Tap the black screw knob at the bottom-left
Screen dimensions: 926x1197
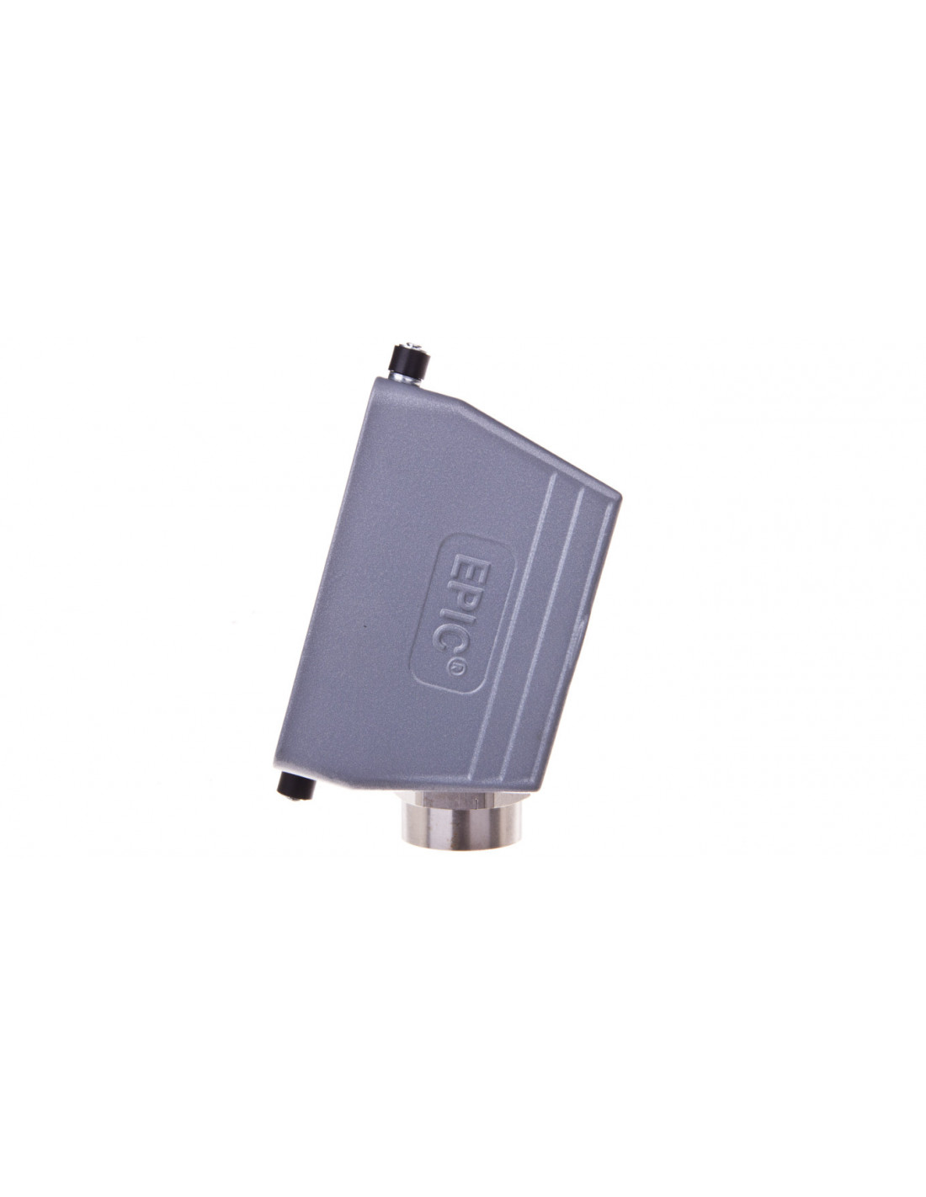(297, 785)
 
